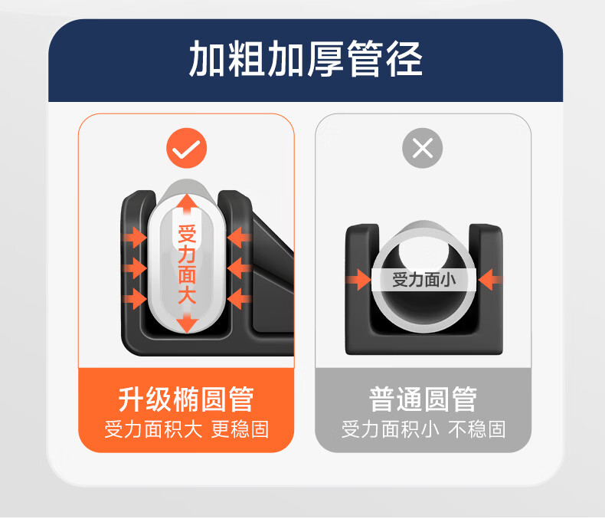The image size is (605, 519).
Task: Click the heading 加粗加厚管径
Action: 306,59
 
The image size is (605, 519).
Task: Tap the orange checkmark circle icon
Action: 187,148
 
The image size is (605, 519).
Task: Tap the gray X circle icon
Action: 423,148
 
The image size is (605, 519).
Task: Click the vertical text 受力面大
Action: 187,264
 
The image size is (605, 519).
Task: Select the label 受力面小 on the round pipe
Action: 423,279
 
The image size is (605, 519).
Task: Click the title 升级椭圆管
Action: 186,399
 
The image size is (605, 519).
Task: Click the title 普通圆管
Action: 423,399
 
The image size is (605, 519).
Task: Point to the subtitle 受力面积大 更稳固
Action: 186,429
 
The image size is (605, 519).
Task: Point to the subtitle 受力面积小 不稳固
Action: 423,429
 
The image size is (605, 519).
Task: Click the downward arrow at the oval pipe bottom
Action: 187,323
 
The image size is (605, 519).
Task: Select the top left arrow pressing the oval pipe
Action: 134,238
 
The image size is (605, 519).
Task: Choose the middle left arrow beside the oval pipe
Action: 134,268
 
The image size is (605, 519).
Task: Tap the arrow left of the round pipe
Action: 359,280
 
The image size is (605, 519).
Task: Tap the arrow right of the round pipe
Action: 490,280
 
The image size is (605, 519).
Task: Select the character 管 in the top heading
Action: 365,59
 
